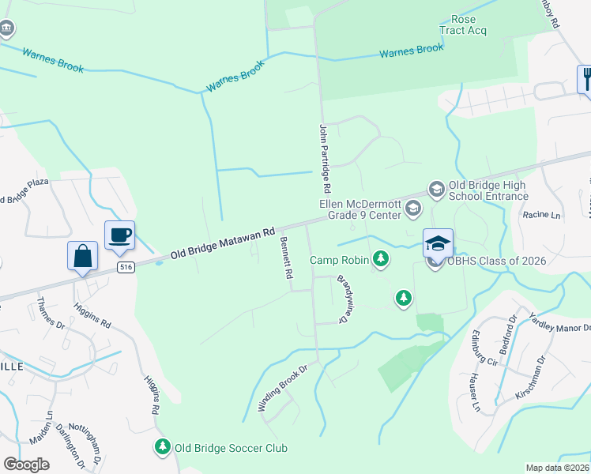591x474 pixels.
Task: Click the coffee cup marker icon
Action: click(x=119, y=235)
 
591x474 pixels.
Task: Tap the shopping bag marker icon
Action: click(x=82, y=256)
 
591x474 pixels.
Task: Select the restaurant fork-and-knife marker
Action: click(x=585, y=78)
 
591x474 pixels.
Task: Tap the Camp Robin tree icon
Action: click(x=381, y=259)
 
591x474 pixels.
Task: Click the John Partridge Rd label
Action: click(x=323, y=159)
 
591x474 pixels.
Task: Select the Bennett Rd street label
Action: click(x=287, y=258)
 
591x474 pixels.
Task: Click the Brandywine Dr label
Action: click(x=343, y=298)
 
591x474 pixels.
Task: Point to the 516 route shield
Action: click(x=124, y=268)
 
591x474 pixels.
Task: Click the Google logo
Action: click(x=26, y=465)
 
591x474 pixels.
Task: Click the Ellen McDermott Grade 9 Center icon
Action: click(x=412, y=209)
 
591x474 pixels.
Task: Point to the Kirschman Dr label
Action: click(x=541, y=374)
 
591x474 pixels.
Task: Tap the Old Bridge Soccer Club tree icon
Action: click(x=163, y=448)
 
